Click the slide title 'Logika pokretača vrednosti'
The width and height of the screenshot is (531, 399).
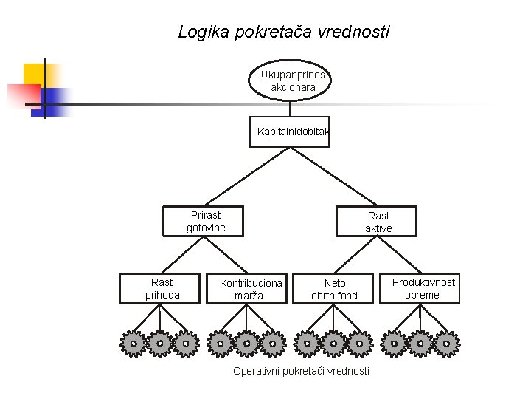coord(284,33)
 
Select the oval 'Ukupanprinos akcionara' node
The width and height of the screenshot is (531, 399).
coord(292,81)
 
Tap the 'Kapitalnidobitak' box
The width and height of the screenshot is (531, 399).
coord(291,132)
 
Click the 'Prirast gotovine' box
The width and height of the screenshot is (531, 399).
coord(205,221)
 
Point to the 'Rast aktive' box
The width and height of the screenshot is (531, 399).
coord(378,222)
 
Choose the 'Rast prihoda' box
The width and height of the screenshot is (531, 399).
coord(162,288)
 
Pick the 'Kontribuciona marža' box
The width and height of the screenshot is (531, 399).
coord(250,289)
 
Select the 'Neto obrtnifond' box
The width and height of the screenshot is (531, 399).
coord(334,289)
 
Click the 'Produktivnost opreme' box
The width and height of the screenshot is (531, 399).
coord(423,288)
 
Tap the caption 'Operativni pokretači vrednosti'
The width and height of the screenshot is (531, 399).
coord(301,371)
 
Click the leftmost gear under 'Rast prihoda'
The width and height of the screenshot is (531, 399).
coord(133,343)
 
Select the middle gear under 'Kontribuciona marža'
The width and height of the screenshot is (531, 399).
coord(246,343)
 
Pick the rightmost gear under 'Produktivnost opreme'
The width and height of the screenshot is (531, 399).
coord(445,343)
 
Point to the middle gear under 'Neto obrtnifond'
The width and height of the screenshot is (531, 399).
coord(333,343)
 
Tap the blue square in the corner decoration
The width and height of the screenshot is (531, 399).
coord(53,101)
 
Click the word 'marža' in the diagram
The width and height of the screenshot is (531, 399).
coord(249,296)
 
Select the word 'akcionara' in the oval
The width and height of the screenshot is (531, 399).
coord(293,87)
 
